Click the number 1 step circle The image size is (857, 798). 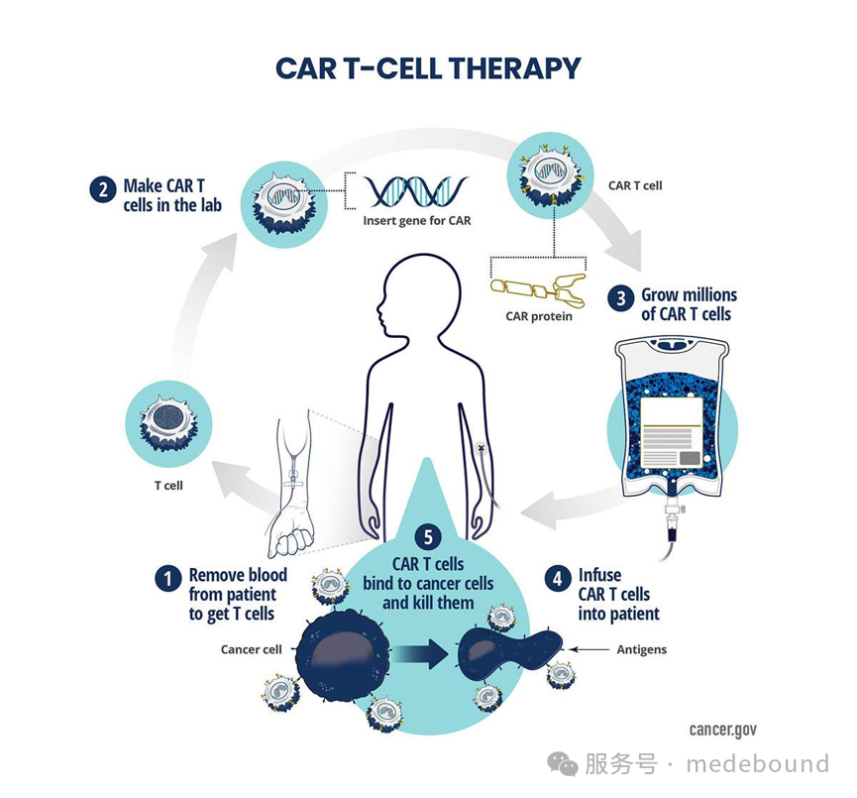pyautogui.click(x=167, y=578)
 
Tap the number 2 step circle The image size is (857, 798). pyautogui.click(x=103, y=189)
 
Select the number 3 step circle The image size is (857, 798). pyautogui.click(x=621, y=298)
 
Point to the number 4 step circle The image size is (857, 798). pyautogui.click(x=558, y=578)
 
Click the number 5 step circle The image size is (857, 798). pyautogui.click(x=428, y=537)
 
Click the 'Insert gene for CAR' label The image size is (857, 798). pyautogui.click(x=417, y=221)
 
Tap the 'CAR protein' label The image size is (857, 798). pyautogui.click(x=539, y=316)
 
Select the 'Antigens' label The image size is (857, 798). pyautogui.click(x=642, y=649)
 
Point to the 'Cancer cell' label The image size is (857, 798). pyautogui.click(x=252, y=649)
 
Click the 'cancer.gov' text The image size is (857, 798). pyautogui.click(x=723, y=731)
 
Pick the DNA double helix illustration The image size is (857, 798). pyautogui.click(x=417, y=191)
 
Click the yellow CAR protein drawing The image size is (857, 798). pyautogui.click(x=539, y=288)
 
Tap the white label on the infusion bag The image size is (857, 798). pyautogui.click(x=671, y=432)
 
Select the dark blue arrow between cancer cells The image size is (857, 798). pyautogui.click(x=421, y=653)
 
